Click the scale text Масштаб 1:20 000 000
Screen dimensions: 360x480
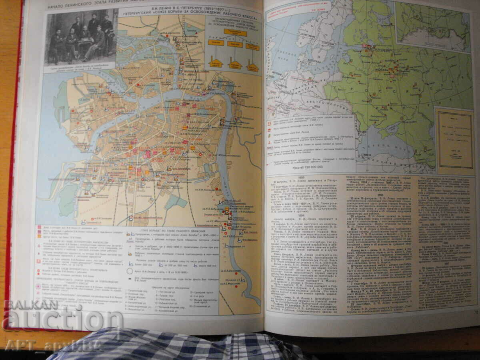coord(310,167)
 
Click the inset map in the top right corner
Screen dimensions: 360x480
coord(433,26)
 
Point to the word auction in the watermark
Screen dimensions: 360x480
coord(62,320)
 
